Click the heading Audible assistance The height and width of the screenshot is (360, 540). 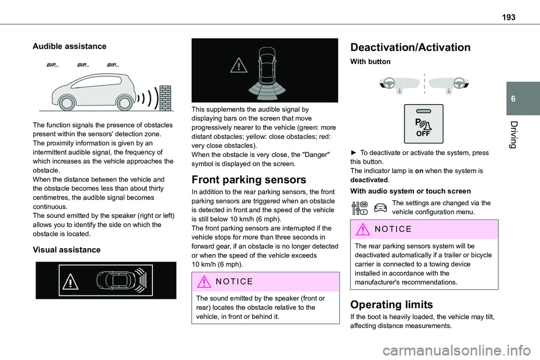70,46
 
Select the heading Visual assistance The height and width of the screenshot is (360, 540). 66,249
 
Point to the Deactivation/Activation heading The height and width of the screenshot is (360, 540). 411,48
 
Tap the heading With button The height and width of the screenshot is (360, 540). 370,61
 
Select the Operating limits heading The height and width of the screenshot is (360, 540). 391,305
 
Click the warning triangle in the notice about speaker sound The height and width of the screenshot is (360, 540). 201,281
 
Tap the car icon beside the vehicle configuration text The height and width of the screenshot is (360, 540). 380,208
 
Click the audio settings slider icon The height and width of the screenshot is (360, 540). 360,208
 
